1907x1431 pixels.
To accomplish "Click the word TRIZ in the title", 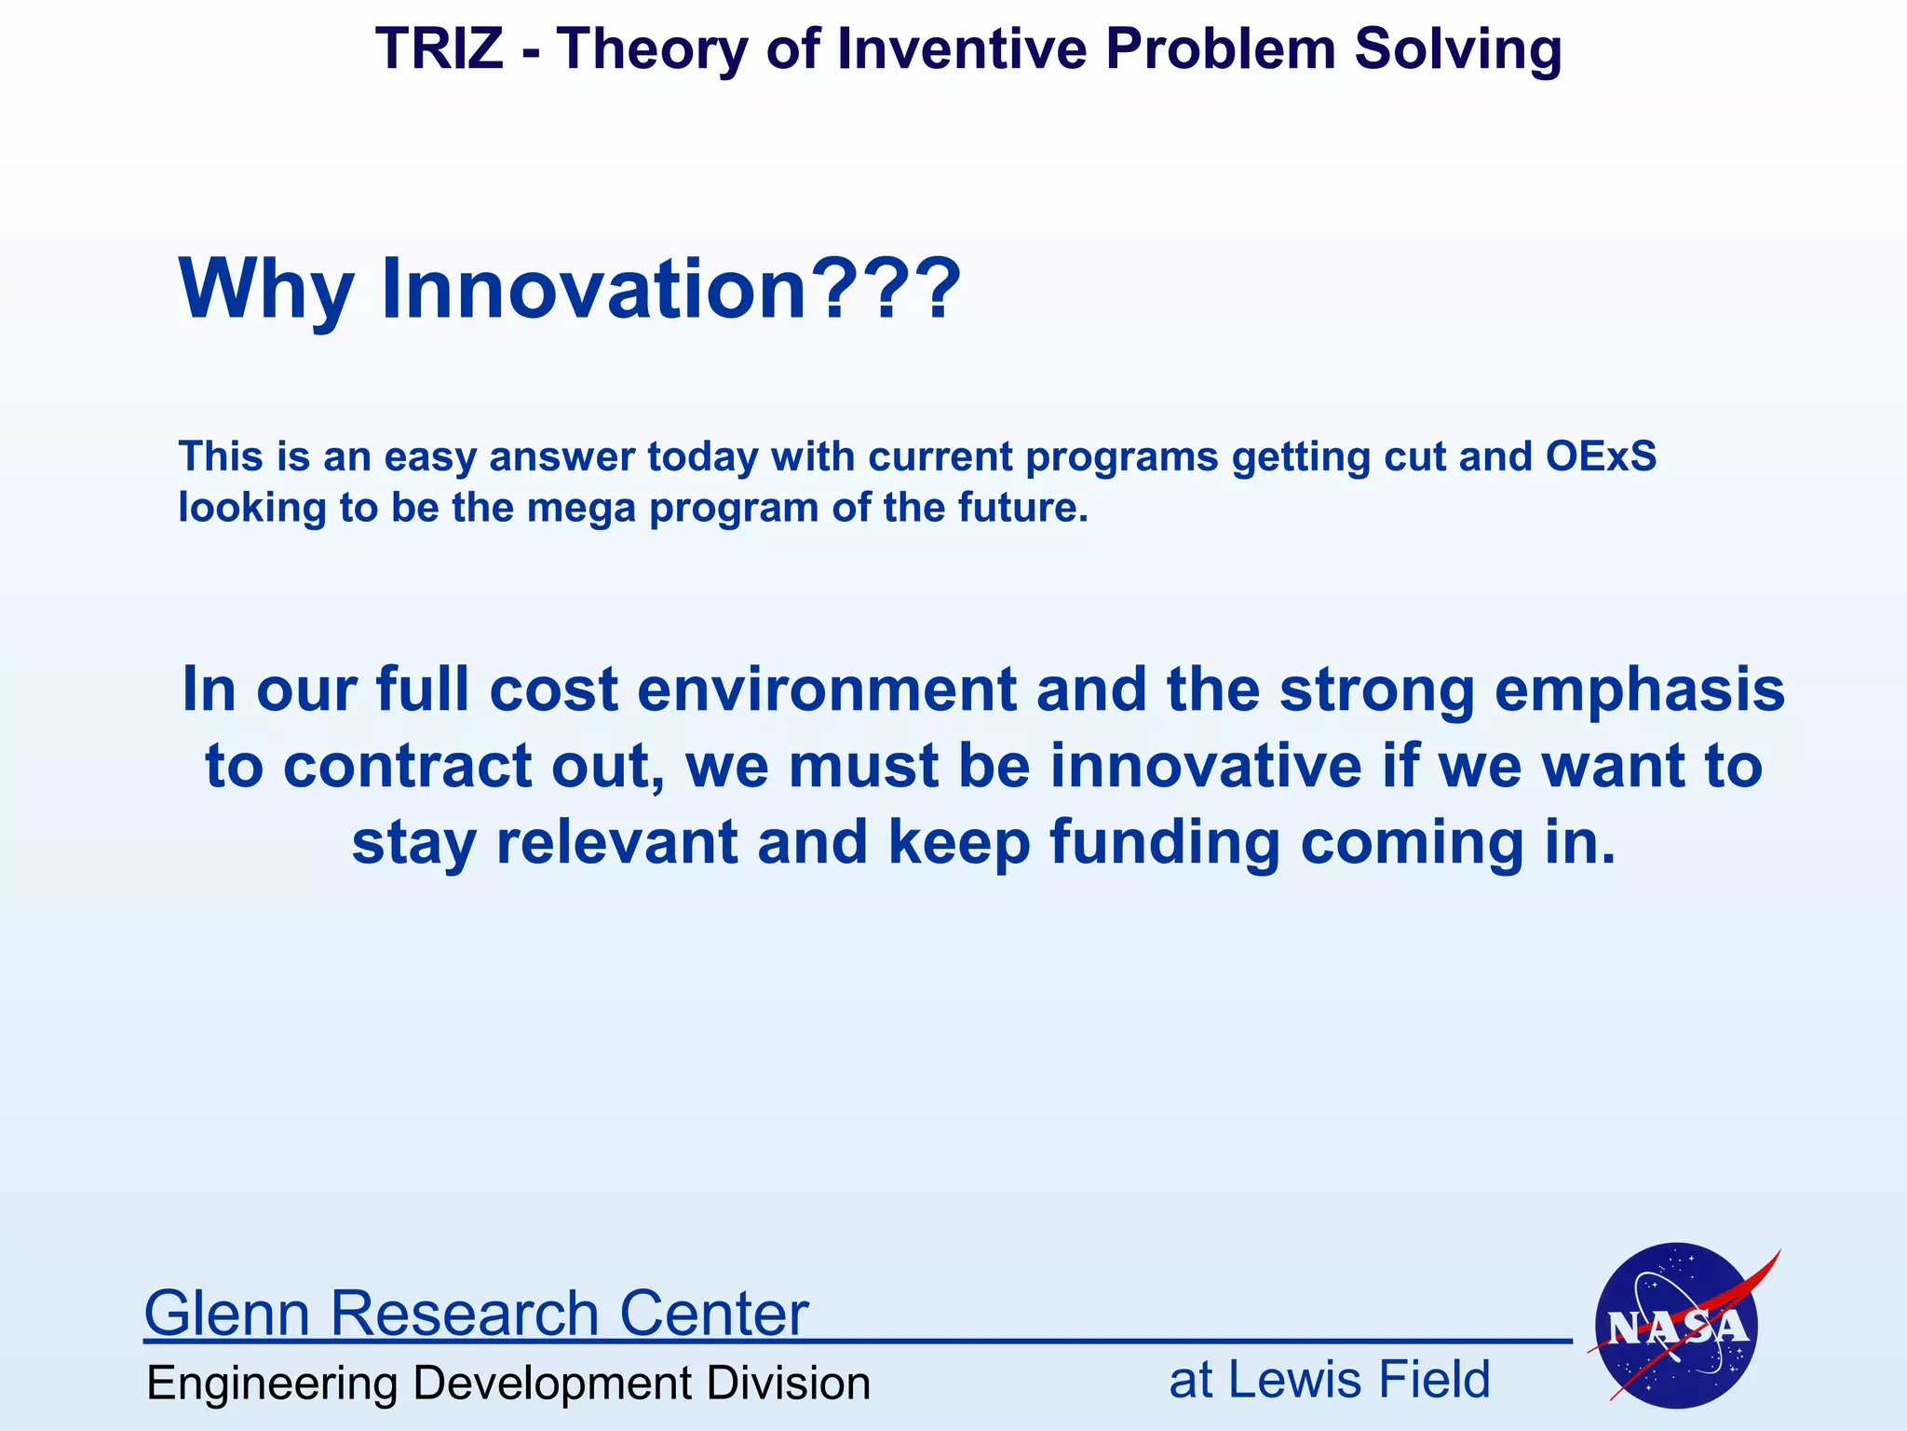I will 439,48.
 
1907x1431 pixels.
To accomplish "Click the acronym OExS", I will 1601,457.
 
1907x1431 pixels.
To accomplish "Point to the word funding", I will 1165,844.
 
